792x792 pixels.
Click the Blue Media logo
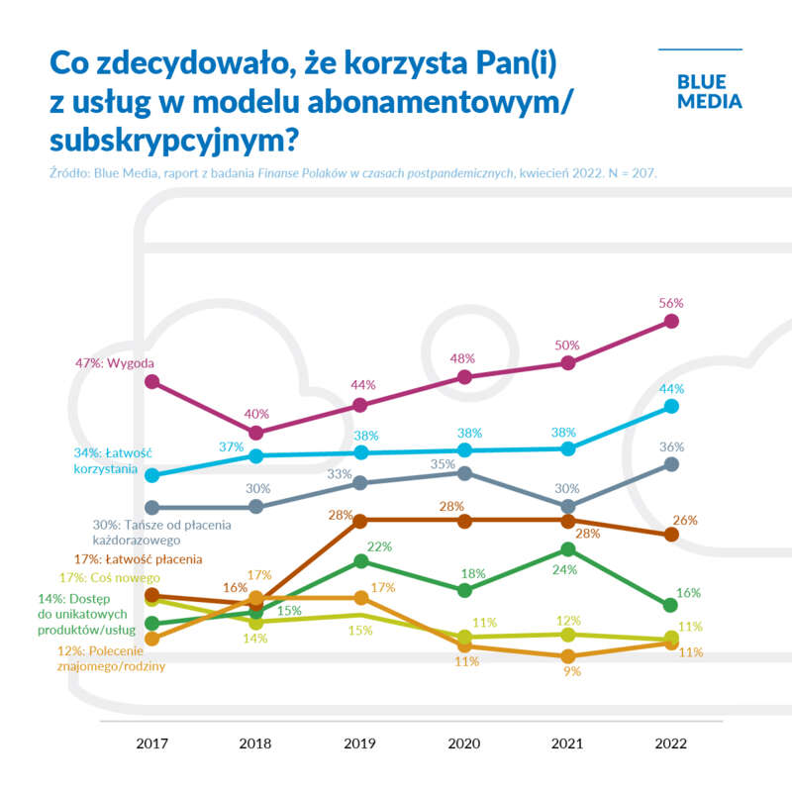point(709,91)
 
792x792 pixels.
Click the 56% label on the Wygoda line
point(672,302)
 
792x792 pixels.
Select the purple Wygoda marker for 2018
point(255,433)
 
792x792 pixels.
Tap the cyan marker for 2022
point(672,406)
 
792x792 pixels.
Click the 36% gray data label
point(672,446)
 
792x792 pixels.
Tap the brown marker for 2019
point(360,520)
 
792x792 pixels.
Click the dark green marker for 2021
point(567,548)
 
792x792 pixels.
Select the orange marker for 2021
point(567,656)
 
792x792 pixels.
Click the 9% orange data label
point(571,671)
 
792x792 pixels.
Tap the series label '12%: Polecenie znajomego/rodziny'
point(114,658)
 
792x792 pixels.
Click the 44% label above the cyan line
point(672,388)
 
